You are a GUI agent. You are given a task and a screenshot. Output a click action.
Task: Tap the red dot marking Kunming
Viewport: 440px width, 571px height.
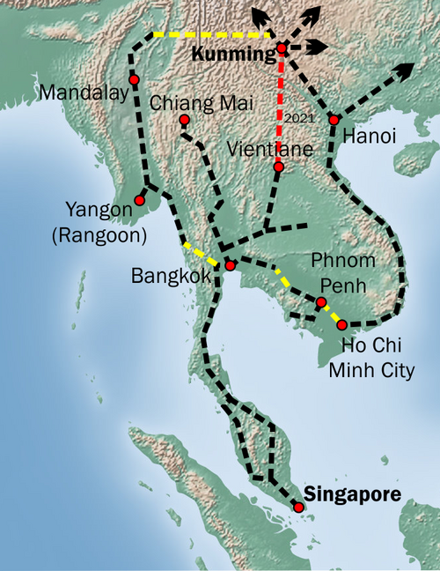[x=281, y=48]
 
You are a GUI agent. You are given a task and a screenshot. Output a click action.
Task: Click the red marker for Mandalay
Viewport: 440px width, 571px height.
[x=134, y=80]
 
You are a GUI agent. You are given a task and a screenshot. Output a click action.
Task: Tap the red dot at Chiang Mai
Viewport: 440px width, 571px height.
[x=184, y=120]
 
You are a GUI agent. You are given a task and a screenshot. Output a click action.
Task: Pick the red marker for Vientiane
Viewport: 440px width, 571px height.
[x=278, y=167]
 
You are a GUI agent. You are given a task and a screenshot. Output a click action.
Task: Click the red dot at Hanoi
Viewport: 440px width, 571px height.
[x=334, y=119]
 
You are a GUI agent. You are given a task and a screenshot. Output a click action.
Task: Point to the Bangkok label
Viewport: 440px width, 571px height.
[x=172, y=276]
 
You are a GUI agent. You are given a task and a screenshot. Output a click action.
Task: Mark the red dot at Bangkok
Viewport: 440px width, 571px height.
[x=230, y=265]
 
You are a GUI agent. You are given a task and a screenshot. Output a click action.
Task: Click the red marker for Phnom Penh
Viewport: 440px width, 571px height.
[x=321, y=302]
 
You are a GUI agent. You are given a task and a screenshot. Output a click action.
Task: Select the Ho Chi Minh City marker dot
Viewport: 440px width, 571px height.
[x=342, y=325]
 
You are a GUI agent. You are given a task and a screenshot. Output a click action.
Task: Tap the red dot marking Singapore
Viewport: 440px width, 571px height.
[x=298, y=508]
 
